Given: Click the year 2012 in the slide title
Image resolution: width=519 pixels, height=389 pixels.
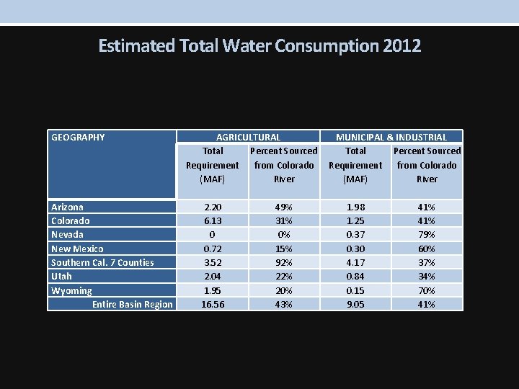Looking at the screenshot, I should (x=402, y=46).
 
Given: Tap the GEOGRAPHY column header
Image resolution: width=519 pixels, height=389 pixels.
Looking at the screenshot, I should (x=78, y=137).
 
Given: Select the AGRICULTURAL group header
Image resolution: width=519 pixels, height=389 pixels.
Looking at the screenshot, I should (x=249, y=137).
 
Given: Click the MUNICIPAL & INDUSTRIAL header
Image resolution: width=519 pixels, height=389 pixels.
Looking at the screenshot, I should (x=391, y=137).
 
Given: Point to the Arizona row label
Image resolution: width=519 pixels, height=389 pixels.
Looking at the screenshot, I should (x=67, y=207).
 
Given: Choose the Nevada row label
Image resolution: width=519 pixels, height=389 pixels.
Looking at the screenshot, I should (x=67, y=234).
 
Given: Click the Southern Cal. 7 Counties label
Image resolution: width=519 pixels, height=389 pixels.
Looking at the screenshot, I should (x=102, y=262).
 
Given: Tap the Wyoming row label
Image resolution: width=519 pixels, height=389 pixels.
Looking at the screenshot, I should (x=71, y=290).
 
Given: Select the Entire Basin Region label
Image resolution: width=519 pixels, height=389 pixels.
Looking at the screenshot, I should (x=133, y=304).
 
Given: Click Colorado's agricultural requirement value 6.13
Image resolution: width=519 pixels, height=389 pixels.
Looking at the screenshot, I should (x=212, y=220).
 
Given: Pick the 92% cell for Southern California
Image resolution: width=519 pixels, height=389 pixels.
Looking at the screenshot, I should (x=284, y=262).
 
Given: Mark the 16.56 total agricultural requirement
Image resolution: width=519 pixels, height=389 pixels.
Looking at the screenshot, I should (x=212, y=304).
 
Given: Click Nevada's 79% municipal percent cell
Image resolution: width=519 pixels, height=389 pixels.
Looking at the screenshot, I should (x=427, y=234).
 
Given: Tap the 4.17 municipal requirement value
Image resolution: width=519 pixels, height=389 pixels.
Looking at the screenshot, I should (x=355, y=262).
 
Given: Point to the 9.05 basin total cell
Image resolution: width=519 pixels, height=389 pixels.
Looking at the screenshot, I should (x=355, y=304).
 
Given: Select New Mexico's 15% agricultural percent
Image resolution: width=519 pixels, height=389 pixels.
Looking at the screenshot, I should (x=284, y=249).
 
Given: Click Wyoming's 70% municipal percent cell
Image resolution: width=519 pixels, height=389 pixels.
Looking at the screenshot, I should (x=427, y=290).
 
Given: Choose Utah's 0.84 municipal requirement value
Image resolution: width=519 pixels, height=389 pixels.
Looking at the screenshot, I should (x=355, y=276).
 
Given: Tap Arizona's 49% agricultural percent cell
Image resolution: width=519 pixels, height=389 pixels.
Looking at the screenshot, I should (x=284, y=207).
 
